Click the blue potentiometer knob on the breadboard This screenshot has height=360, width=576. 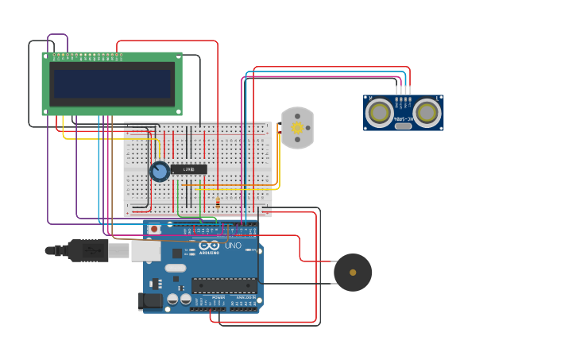[160, 171]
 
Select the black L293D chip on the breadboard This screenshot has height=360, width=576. [189, 169]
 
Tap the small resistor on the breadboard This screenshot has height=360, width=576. [218, 203]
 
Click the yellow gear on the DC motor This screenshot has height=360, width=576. [298, 128]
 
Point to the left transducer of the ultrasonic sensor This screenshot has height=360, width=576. [379, 113]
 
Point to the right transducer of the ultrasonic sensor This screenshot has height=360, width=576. [427, 113]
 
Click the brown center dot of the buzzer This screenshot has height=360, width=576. [353, 273]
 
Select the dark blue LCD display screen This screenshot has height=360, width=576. [112, 83]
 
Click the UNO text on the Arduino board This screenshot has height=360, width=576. [233, 246]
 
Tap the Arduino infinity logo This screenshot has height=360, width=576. [209, 245]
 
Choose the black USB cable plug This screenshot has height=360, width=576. [88, 250]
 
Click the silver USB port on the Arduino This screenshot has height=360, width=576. [145, 250]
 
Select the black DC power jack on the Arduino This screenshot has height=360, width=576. [150, 301]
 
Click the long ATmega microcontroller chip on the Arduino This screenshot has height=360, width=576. [224, 285]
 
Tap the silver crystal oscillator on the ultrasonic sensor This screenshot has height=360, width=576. [404, 126]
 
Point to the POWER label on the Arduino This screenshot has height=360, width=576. [218, 297]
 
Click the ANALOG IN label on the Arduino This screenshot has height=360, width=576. [245, 297]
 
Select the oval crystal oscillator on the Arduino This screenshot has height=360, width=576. [176, 269]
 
